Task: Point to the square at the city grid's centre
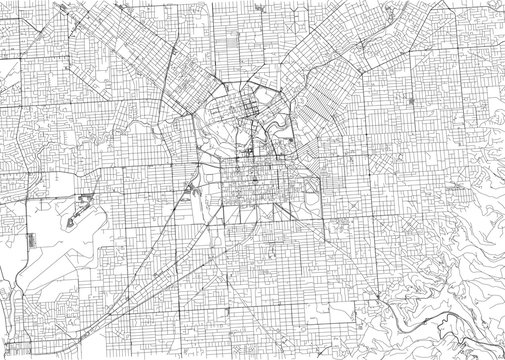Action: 252,181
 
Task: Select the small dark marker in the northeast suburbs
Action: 412,100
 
